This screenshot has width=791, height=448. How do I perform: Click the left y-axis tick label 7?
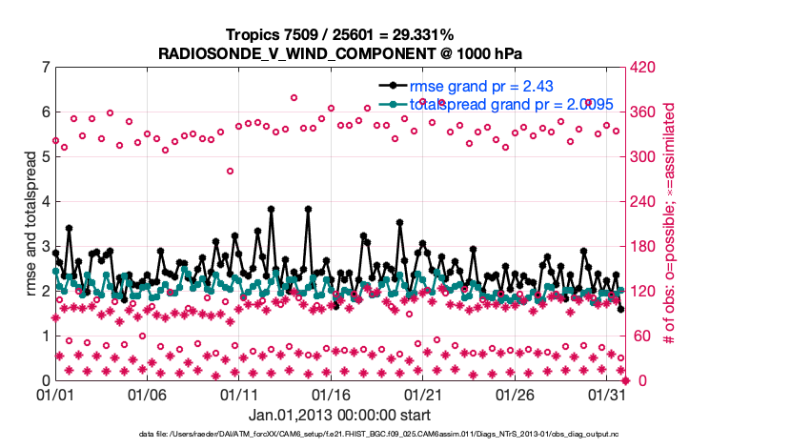tap(45, 68)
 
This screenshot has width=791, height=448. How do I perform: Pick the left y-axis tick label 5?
tap(45, 157)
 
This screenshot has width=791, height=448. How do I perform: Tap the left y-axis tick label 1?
tap(45, 336)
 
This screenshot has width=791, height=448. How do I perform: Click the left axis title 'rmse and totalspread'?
tap(30, 223)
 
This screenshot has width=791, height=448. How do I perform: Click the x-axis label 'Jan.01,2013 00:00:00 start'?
tap(339, 415)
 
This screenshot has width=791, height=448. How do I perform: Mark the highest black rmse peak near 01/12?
tap(271, 208)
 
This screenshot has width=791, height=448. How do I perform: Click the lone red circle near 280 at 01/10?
tap(230, 172)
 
